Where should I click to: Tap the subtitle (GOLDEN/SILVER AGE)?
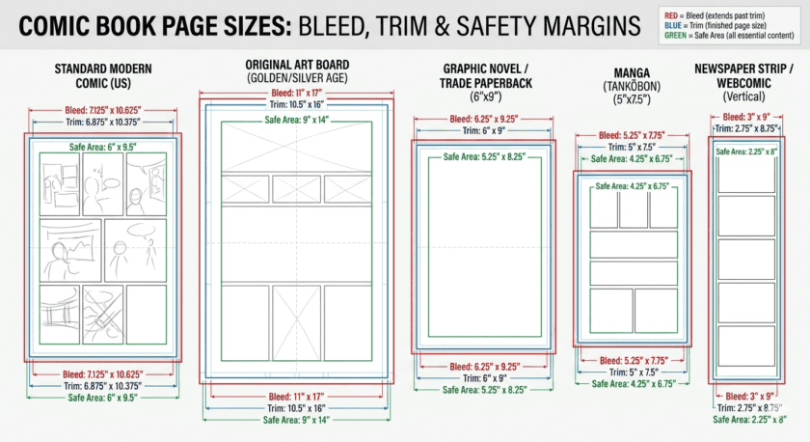point(296,76)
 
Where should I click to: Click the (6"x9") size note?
point(485,98)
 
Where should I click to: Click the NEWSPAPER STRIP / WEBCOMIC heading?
point(743,76)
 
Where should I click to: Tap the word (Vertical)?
point(743,97)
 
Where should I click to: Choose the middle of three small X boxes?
point(296,189)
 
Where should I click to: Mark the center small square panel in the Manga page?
point(634,209)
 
